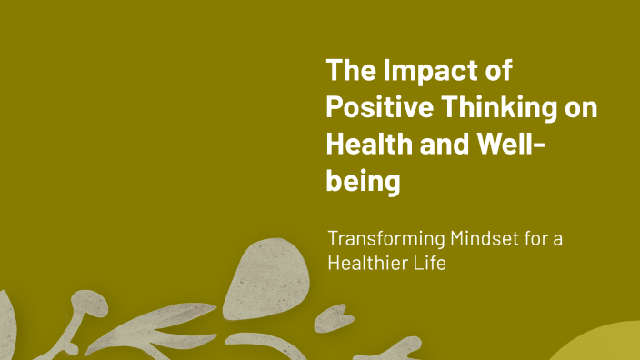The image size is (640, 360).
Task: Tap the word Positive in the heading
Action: pos(381,107)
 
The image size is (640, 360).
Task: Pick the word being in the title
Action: pos(363,181)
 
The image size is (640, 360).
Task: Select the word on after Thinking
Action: pos(583,107)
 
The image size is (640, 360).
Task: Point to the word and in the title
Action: pos(441,144)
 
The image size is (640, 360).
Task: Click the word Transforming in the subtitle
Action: pos(385,240)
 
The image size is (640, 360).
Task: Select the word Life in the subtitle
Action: pos(430,265)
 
